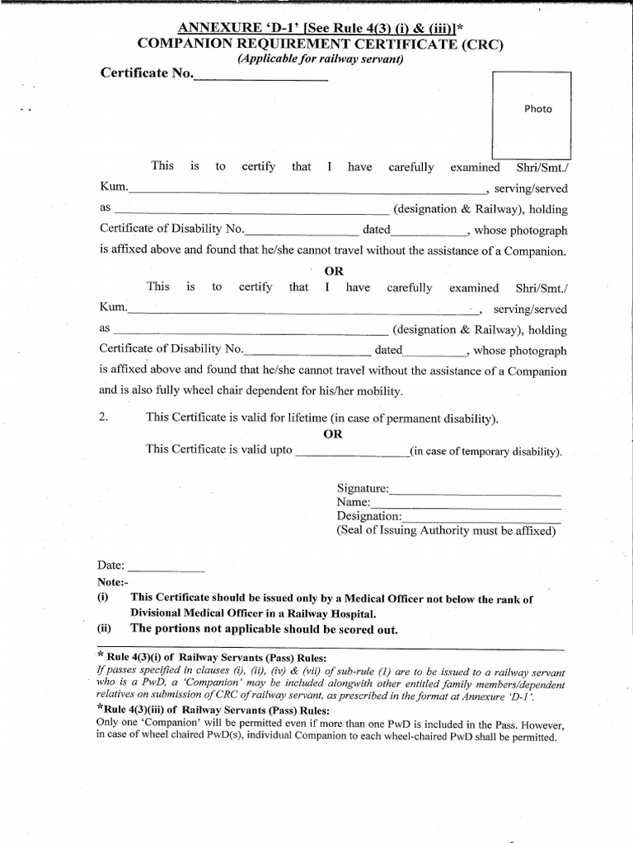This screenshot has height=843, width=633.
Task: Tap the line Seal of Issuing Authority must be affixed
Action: point(446,531)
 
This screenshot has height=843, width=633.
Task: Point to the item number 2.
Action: point(104,417)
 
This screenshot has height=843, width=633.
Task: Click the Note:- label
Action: point(113,583)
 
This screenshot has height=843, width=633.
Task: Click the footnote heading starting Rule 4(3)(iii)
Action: point(213,711)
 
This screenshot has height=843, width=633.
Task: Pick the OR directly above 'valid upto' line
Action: point(333,435)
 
